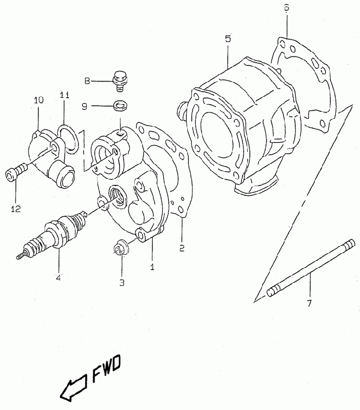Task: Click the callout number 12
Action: [x=16, y=209]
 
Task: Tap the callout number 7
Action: [x=309, y=303]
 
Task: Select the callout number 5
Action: [x=228, y=39]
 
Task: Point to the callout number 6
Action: [x=287, y=8]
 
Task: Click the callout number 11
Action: [x=65, y=95]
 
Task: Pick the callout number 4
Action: [x=58, y=277]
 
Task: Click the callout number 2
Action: [x=182, y=248]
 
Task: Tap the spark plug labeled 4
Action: [x=52, y=234]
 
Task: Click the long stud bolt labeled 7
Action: [x=311, y=268]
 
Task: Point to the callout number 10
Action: [x=38, y=100]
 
